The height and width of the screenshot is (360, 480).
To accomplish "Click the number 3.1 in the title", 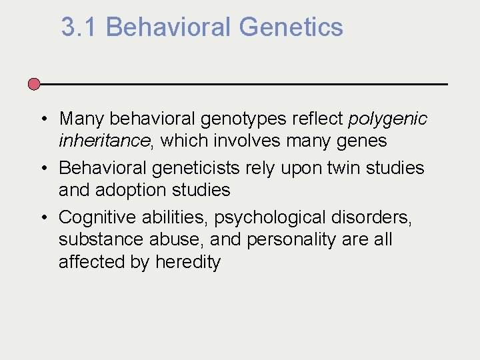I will tap(79, 27).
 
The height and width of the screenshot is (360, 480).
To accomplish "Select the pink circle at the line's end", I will tap(34, 85).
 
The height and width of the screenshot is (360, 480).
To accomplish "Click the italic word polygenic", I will tap(387, 119).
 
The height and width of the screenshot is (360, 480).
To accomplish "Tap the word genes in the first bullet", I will tap(362, 141).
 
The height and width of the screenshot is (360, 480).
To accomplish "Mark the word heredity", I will tap(187, 262).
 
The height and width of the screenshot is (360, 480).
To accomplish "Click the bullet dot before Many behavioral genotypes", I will tap(41, 119).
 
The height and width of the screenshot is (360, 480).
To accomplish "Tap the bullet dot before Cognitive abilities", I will tap(41, 217).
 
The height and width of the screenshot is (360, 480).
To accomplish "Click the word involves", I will tap(226, 141).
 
